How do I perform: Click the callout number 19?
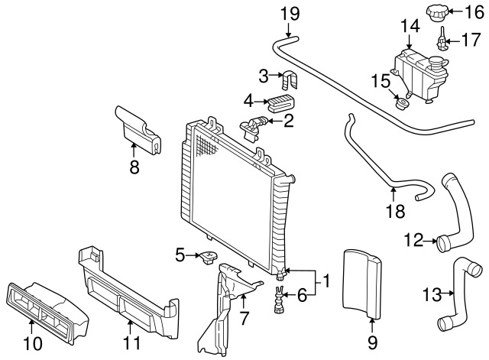pos(290,13)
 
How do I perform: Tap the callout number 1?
pos(327,282)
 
